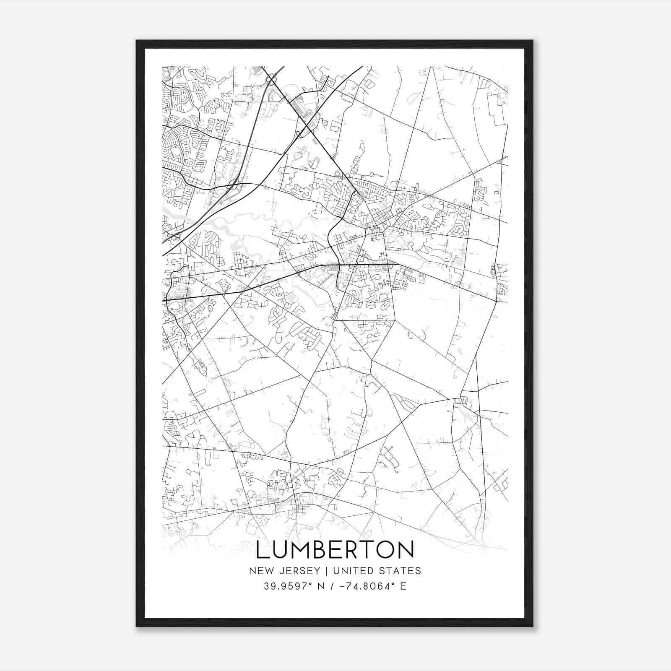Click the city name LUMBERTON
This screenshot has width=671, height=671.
point(335,550)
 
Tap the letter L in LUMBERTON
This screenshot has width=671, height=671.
point(262,550)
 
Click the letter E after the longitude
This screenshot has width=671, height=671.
point(403,586)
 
